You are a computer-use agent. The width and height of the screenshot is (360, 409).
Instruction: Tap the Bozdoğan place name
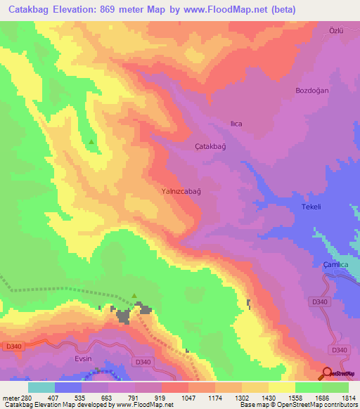pyautogui.click(x=313, y=91)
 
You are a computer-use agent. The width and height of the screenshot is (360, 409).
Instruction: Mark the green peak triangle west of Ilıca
pyautogui.click(x=91, y=142)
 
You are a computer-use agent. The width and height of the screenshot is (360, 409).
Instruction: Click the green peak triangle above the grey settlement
pyautogui.click(x=134, y=297)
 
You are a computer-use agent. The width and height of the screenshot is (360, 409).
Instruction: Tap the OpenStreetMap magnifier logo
pyautogui.click(x=327, y=373)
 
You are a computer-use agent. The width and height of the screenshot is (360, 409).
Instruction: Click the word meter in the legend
pyautogui.click(x=8, y=398)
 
